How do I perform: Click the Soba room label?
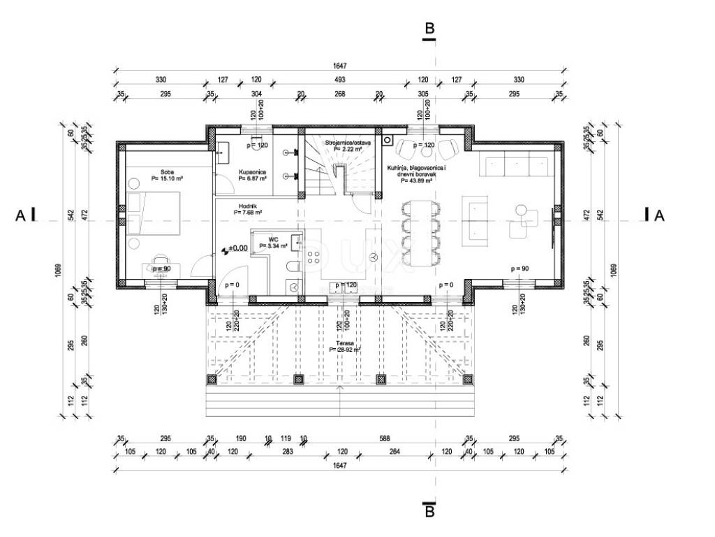point(167,171)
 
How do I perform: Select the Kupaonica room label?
point(251,171)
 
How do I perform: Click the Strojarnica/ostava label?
point(347,143)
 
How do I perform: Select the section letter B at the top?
point(429,29)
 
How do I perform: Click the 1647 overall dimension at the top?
point(340,66)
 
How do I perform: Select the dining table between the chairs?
point(422,233)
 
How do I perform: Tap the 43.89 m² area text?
point(418,180)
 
